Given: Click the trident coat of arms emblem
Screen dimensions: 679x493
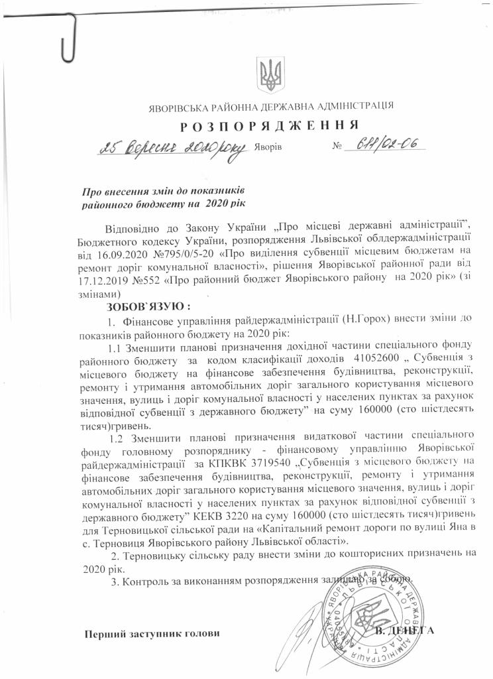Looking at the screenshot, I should [269, 75].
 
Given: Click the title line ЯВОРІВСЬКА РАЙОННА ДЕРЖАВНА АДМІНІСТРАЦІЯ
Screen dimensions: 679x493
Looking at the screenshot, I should [270, 105].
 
